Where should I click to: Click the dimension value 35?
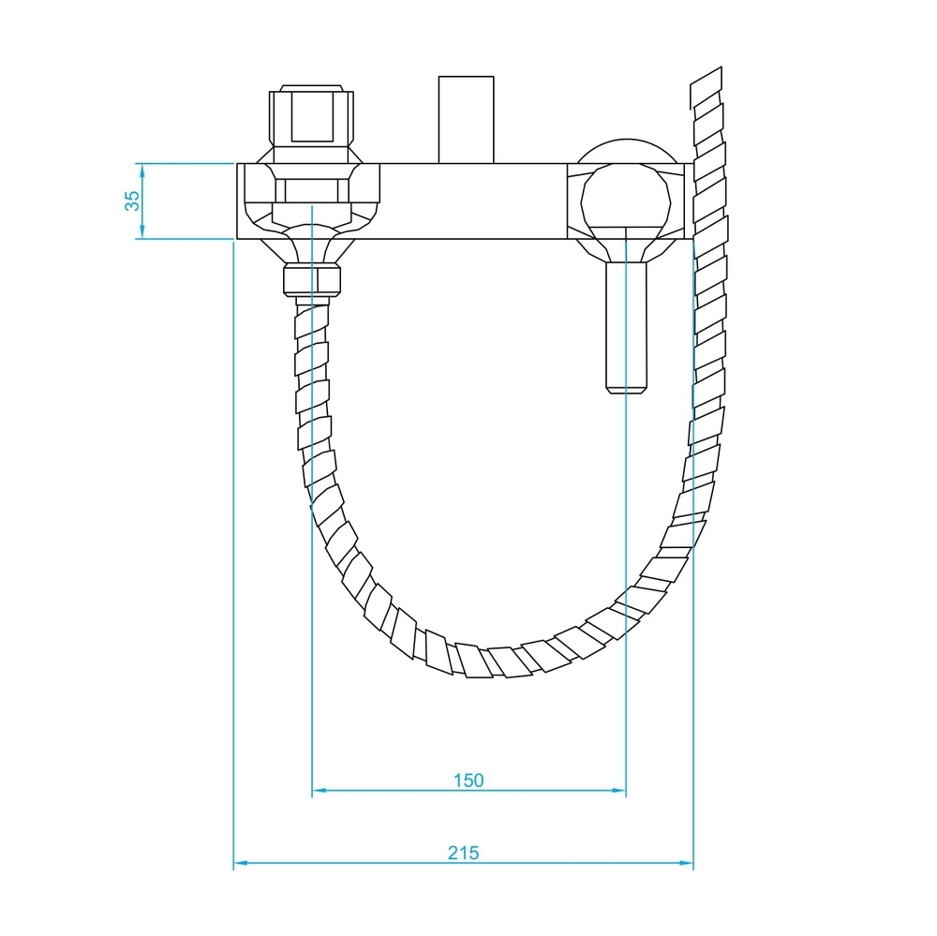pos(132,201)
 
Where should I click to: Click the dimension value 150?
pos(468,780)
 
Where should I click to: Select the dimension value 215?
pos(463,853)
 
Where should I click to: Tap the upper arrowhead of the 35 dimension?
pos(142,171)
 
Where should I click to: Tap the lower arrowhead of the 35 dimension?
pos(142,231)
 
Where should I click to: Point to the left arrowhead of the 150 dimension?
pos(320,790)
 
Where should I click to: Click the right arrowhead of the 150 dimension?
pos(618,790)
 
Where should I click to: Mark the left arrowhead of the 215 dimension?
pos(241,863)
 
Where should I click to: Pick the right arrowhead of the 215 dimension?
pos(686,863)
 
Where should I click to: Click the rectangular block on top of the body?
pos(466,120)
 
